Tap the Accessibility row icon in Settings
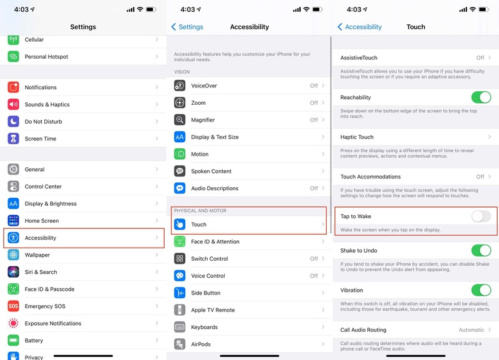tap(14, 238)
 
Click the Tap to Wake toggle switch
tap(481, 216)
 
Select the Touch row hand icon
tap(180, 225)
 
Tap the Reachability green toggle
tap(481, 97)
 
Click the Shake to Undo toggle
tap(481, 250)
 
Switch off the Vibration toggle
tap(481, 290)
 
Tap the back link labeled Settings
tap(187, 27)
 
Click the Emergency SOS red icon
tap(14, 306)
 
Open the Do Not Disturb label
tap(44, 122)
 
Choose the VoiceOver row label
tap(204, 85)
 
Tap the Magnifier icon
tap(180, 120)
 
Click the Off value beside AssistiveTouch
tap(480, 57)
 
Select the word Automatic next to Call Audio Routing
tap(471, 330)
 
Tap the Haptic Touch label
tap(357, 137)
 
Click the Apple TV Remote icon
tap(180, 310)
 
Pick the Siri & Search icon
tap(14, 272)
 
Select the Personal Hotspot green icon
tap(14, 57)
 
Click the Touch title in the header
tap(415, 27)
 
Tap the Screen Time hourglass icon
tap(14, 139)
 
